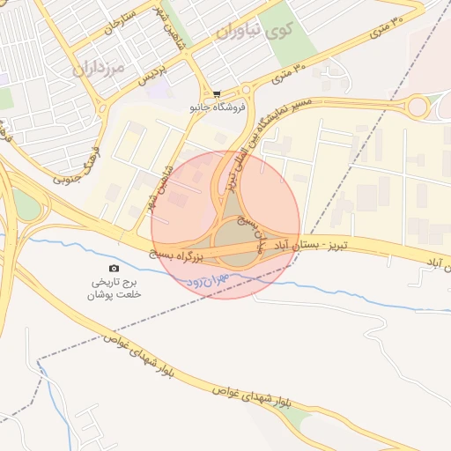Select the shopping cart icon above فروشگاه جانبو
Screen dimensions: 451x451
[x=217, y=95]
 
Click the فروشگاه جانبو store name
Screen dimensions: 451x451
[x=216, y=108]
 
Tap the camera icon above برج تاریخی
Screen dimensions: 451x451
[x=114, y=268]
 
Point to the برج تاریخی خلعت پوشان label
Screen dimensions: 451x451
[x=114, y=289]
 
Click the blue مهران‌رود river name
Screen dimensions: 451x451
[x=208, y=279]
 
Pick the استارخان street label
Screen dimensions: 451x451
[x=121, y=24]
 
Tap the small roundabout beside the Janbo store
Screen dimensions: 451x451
[x=247, y=89]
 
